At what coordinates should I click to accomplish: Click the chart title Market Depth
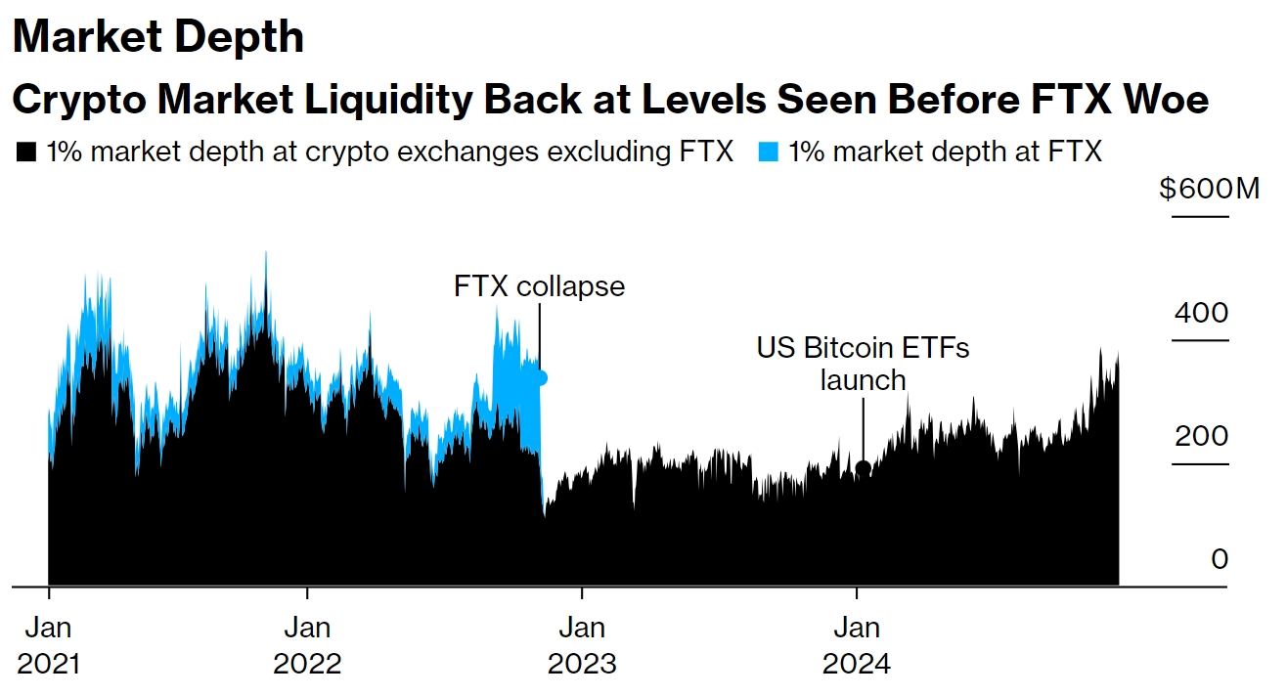point(158,38)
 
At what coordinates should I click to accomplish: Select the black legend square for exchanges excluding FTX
point(27,152)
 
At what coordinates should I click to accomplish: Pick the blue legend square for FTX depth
point(769,152)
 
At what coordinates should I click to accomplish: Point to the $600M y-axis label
point(1209,188)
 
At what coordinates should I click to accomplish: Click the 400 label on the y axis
point(1199,314)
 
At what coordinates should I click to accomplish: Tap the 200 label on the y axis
point(1199,437)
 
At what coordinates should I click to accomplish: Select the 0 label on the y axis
point(1219,559)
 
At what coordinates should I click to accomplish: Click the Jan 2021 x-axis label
point(49,645)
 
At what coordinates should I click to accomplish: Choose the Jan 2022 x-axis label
point(308,645)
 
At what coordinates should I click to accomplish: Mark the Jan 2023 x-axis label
point(582,645)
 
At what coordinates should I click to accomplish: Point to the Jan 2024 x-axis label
point(857,645)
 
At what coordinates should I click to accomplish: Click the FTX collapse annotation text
point(539,286)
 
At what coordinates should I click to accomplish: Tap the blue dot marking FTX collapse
point(540,377)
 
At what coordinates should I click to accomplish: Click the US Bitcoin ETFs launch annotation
point(863,363)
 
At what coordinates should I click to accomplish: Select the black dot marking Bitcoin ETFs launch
point(863,468)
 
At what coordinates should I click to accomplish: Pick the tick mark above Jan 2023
point(582,592)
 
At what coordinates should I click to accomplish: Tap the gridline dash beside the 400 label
point(1199,340)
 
